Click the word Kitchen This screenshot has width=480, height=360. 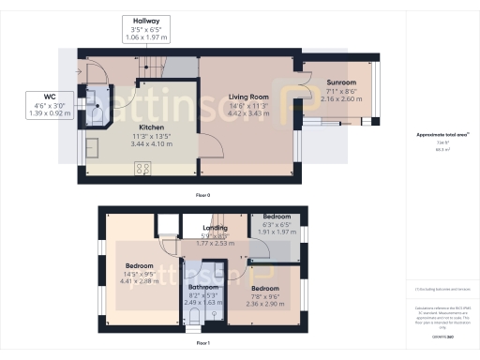[153, 127]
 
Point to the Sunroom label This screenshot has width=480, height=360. [341, 82]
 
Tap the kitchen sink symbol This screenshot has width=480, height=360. [94, 148]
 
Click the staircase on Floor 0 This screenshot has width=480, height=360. [178, 67]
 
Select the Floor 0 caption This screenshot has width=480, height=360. [202, 194]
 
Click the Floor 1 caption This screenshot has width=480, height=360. [202, 344]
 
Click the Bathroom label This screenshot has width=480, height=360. [202, 286]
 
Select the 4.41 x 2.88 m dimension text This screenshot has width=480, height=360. [140, 280]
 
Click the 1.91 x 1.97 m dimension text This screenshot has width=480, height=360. [277, 232]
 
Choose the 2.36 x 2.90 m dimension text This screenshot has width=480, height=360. [264, 304]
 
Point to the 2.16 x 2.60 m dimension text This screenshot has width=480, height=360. [341, 98]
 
